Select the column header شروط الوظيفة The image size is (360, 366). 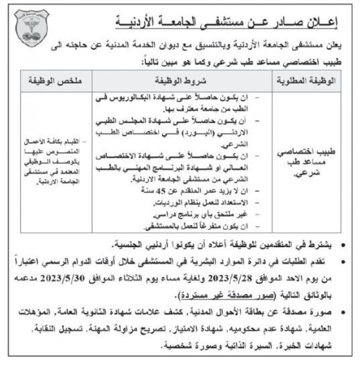click(183, 80)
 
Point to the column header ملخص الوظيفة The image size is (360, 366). click(55, 80)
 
